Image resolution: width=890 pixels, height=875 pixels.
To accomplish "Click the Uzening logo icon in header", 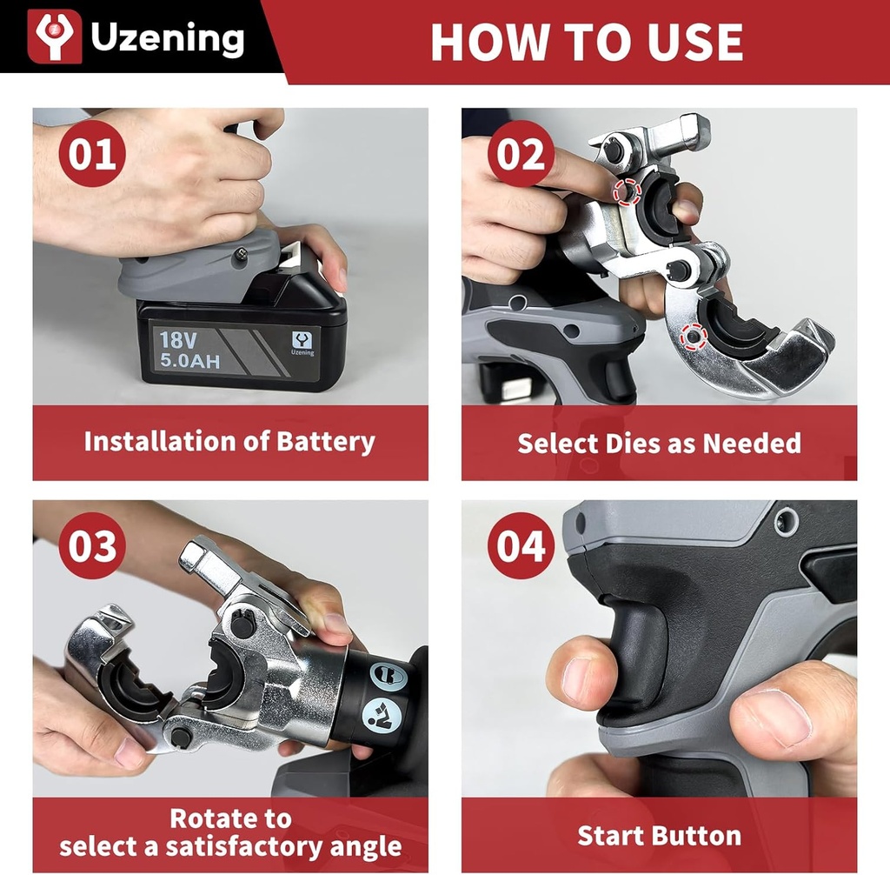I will pos(55,37).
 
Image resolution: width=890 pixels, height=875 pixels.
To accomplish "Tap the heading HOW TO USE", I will pos(587,42).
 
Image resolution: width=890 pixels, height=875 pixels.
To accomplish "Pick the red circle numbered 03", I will pos(92,547).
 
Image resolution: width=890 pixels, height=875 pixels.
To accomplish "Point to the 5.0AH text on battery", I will pos(189,358).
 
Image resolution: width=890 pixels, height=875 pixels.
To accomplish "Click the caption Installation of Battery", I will pos(229,441).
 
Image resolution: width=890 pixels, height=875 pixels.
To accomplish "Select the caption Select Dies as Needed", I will pos(659,444).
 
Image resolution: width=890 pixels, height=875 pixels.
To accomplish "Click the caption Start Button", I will pos(659,836).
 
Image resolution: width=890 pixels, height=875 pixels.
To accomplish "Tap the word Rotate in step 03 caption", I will pos(230,818).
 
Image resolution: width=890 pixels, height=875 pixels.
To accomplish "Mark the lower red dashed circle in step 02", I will pos(692,334).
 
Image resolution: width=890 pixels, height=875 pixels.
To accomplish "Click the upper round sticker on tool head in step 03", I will pos(388,676).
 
